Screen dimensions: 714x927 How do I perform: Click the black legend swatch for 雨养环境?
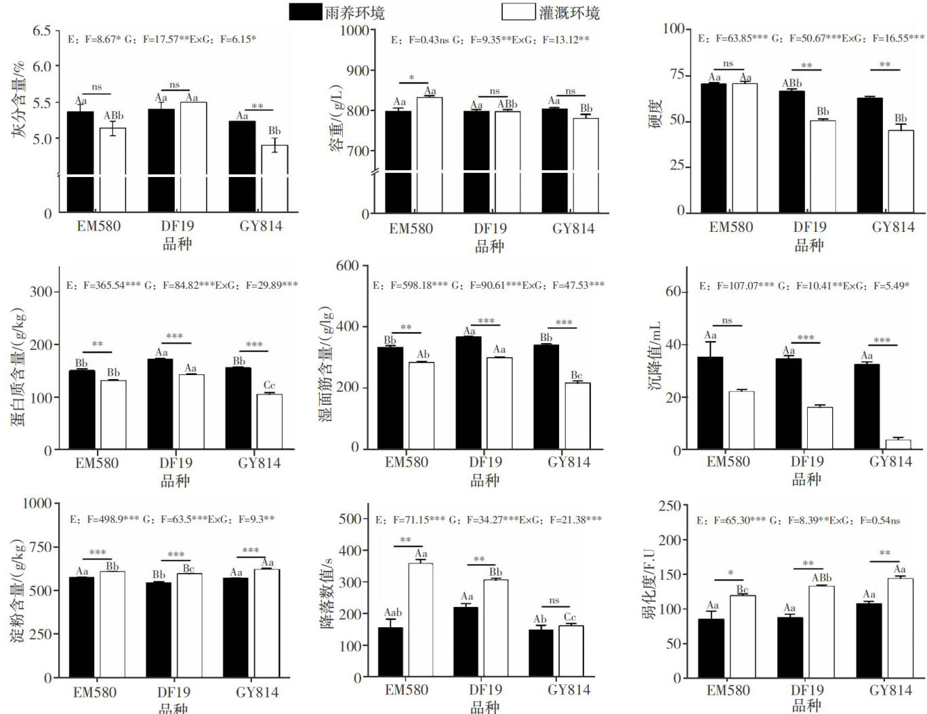(305, 12)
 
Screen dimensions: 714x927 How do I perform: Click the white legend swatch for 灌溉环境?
(518, 12)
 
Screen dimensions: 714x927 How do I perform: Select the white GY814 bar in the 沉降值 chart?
(898, 445)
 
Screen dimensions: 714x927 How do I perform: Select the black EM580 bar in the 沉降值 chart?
(710, 403)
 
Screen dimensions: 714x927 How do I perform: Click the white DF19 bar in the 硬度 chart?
(823, 167)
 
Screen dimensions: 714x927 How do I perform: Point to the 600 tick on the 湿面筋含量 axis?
(347, 266)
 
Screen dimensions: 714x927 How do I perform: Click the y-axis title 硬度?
(655, 113)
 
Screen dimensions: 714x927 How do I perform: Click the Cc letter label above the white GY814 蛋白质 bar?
(269, 386)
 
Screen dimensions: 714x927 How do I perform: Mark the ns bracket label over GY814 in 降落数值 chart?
(554, 601)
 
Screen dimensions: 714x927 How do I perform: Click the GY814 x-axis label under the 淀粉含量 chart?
(257, 692)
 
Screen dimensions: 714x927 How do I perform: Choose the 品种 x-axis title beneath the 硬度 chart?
(808, 245)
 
